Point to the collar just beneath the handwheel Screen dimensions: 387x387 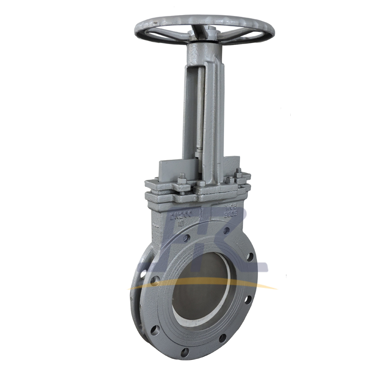(206, 48)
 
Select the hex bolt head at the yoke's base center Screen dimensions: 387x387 (201, 184)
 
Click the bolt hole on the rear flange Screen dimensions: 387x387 (144, 273)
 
